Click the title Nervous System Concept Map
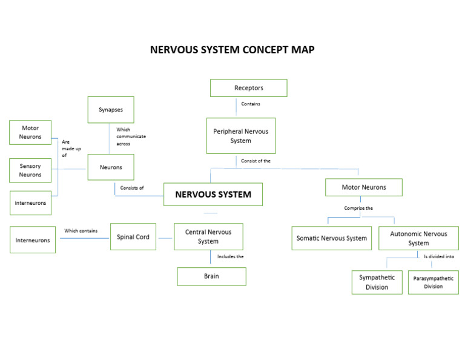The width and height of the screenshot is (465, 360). (232, 50)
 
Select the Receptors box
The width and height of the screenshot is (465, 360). (248, 88)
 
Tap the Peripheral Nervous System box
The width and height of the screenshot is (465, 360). (240, 136)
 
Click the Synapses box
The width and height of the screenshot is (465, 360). (110, 110)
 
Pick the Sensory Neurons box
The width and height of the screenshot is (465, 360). (30, 170)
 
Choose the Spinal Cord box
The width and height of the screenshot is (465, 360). (133, 237)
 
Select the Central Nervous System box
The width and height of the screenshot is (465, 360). (208, 236)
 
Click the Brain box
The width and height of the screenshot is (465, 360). (211, 276)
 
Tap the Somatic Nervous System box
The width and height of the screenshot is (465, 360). (331, 238)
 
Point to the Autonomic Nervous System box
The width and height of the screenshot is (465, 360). (418, 238)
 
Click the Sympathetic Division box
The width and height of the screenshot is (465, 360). (377, 282)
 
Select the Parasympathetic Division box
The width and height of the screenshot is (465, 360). (433, 282)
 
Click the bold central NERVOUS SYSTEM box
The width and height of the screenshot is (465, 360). (213, 195)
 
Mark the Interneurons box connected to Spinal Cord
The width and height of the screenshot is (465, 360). (33, 240)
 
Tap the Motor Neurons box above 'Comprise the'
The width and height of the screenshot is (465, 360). (363, 187)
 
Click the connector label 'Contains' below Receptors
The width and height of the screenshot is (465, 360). (251, 104)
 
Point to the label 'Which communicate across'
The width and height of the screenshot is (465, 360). (131, 136)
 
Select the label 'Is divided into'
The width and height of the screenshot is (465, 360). (439, 256)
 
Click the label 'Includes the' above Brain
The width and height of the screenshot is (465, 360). (230, 256)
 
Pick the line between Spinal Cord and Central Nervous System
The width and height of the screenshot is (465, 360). (165, 238)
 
